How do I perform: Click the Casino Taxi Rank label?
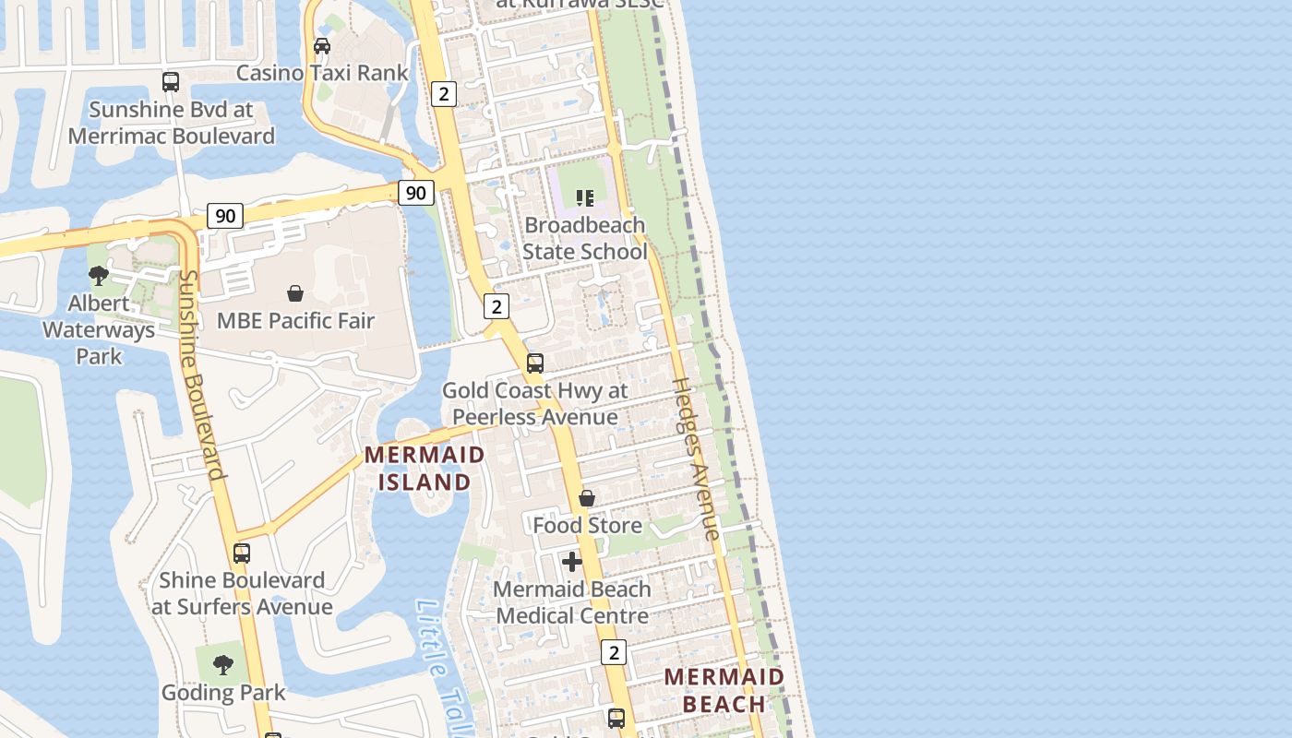[322, 73]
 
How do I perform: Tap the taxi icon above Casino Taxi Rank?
[322, 46]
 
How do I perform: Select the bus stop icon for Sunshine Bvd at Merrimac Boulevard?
[171, 82]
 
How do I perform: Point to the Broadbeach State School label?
[585, 238]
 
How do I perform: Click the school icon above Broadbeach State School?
[584, 197]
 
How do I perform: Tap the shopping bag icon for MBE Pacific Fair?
[295, 293]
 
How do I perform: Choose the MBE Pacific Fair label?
[295, 321]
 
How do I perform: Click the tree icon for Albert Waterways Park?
[99, 275]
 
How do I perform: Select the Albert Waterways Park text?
[99, 329]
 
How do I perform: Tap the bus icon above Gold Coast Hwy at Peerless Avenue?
[535, 363]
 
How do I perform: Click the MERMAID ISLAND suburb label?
[425, 468]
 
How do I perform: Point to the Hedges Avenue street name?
[696, 458]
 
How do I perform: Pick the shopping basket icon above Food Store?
[587, 499]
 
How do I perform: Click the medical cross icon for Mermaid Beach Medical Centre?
[572, 561]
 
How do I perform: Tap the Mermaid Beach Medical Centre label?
[572, 602]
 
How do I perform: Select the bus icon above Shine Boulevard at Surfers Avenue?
[242, 553]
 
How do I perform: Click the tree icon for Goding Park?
[222, 664]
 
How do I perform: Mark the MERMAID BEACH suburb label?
[724, 690]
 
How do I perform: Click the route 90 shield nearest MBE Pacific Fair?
[225, 216]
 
